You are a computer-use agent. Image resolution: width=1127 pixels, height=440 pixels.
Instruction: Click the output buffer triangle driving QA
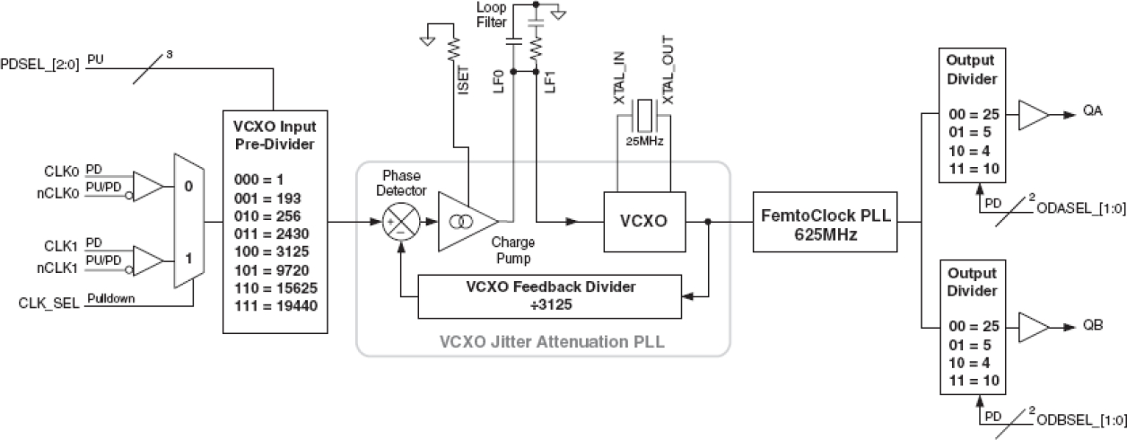coord(1035,115)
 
